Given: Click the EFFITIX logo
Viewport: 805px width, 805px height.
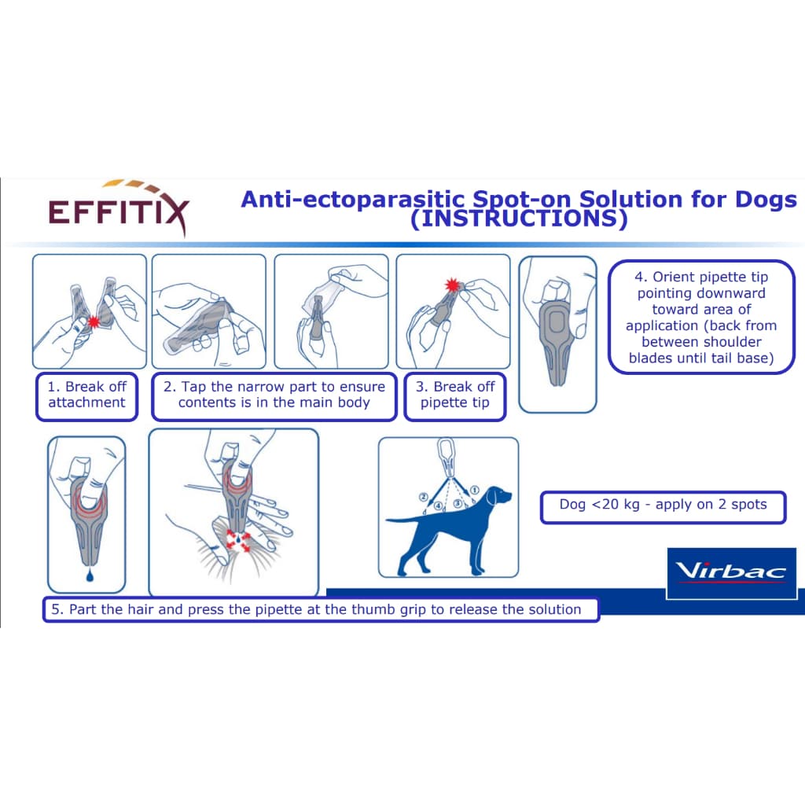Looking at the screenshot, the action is click(119, 208).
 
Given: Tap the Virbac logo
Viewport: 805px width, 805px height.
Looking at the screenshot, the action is click(731, 573).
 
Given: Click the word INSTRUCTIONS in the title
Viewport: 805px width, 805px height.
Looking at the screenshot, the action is click(519, 219).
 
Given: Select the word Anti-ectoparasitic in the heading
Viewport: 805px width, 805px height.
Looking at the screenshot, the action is click(353, 199).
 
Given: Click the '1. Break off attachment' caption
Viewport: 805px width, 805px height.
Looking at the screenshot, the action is click(86, 396).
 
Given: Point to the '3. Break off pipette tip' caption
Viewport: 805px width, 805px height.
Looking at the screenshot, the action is click(455, 396).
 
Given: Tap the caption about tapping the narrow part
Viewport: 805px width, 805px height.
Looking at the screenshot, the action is click(274, 396).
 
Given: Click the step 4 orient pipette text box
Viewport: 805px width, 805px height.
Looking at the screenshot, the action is click(701, 318).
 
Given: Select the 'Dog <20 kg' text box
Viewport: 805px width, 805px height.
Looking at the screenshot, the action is click(663, 507).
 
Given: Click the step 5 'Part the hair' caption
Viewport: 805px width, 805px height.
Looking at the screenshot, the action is click(321, 609).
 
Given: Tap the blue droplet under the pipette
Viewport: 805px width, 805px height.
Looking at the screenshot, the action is click(90, 576).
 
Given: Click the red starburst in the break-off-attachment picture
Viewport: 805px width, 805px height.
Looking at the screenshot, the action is click(93, 322).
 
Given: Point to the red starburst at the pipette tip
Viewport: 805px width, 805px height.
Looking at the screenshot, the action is click(452, 285).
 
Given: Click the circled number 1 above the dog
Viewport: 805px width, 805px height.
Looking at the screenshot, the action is click(474, 491).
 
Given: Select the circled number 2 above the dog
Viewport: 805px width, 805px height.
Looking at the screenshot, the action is click(424, 497).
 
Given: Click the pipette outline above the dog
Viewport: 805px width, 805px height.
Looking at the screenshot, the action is click(447, 457).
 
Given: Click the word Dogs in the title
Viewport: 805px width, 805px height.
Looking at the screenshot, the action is click(766, 199).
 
